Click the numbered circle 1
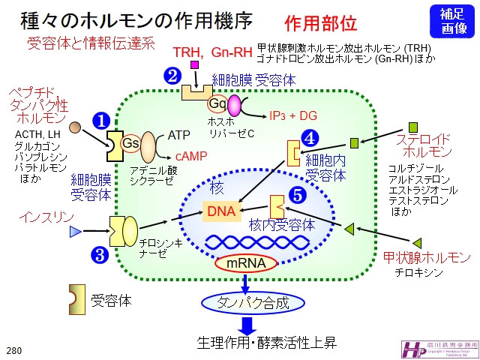pyautogui.click(x=100, y=120)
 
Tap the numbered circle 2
pyautogui.click(x=173, y=76)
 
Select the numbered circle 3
pyautogui.click(x=99, y=254)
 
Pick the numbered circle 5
pyautogui.click(x=298, y=195)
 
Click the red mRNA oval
pyautogui.click(x=245, y=263)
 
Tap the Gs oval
pyautogui.click(x=131, y=142)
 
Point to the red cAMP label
pyautogui.click(x=191, y=156)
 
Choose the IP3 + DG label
pyautogui.click(x=293, y=115)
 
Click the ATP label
pyautogui.click(x=179, y=135)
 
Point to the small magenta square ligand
pyautogui.click(x=195, y=66)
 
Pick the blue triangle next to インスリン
pyautogui.click(x=75, y=232)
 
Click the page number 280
pyautogui.click(x=13, y=349)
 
